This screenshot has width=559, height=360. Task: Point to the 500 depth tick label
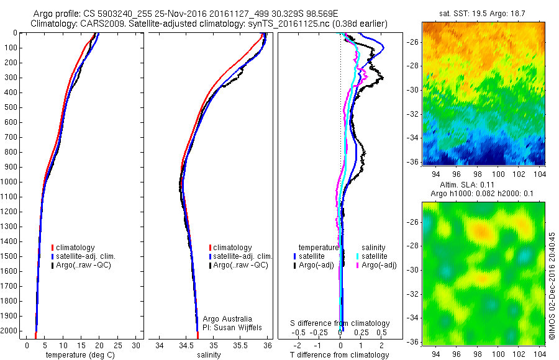pyautogui.click(x=12, y=107)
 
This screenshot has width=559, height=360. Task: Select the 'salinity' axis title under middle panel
pyautogui.click(x=209, y=355)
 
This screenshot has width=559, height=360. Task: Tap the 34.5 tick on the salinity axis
pyautogui.click(x=186, y=345)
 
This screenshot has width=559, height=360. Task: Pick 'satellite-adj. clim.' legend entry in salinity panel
pyautogui.click(x=242, y=256)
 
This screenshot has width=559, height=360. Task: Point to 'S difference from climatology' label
pyautogui.click(x=340, y=323)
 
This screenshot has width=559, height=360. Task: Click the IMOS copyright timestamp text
pyautogui.click(x=552, y=286)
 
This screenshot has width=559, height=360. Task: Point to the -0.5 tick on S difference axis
pyautogui.click(x=300, y=332)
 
